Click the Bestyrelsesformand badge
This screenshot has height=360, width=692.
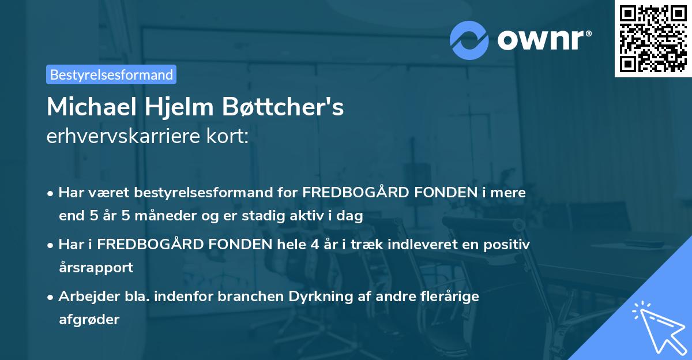point(111,74)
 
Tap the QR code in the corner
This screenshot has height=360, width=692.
point(653,38)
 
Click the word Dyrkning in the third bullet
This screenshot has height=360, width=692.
point(325,297)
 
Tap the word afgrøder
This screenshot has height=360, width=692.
point(89,320)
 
